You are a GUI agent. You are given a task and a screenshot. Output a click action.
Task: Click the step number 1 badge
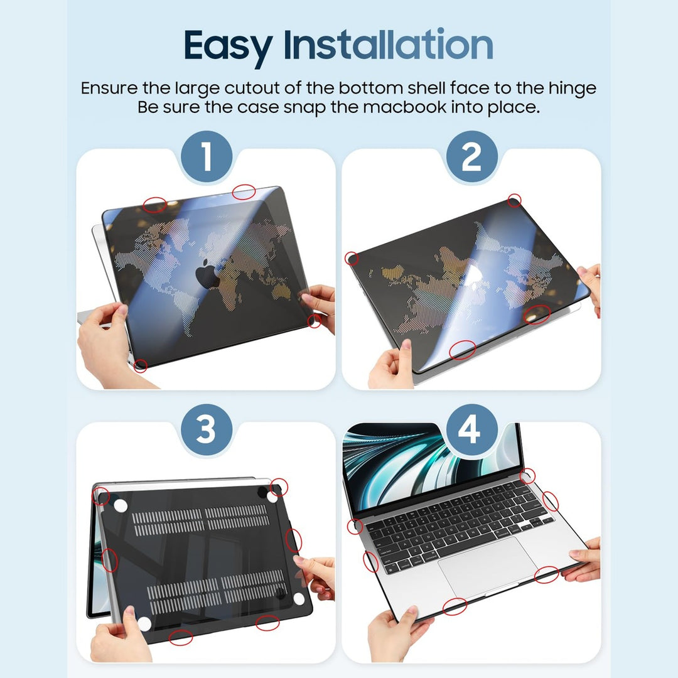207,157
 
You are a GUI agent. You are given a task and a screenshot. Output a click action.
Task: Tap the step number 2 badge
471,157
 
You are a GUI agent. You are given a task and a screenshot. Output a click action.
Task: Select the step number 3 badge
207,431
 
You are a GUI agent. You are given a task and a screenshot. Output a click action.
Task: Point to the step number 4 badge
471,431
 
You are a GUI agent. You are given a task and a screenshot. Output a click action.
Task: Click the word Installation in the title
388,45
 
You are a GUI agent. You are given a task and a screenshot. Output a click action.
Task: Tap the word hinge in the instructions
570,89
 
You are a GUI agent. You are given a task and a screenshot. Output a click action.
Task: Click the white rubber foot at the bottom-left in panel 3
144,623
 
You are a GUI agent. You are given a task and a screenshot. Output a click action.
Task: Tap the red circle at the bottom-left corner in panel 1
141,365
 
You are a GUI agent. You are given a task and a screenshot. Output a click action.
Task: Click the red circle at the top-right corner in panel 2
514,200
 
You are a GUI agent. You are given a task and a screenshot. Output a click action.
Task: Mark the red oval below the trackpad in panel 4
455,606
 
